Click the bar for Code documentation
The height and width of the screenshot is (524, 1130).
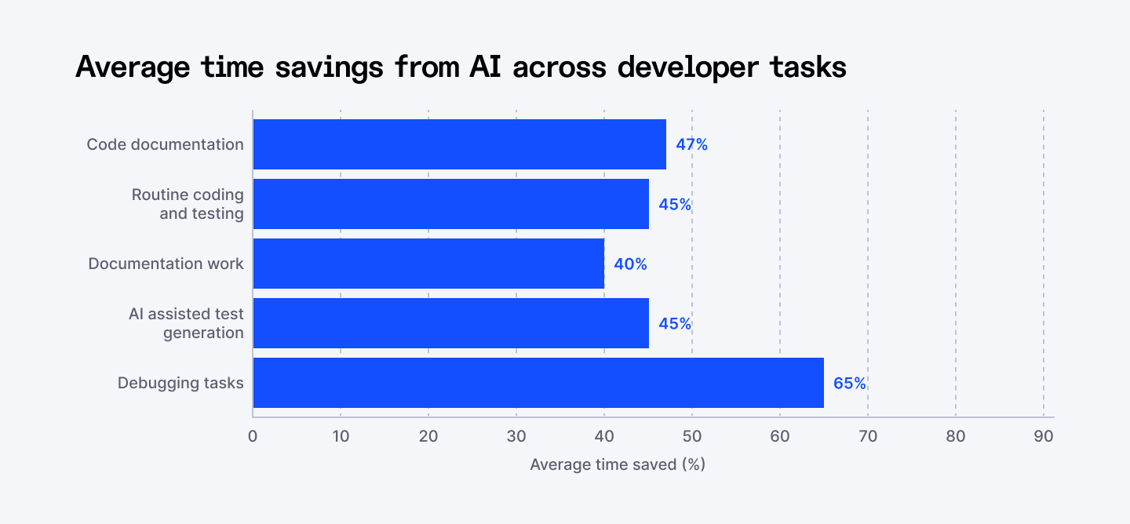click(459, 144)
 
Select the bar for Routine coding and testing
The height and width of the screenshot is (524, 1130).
click(450, 204)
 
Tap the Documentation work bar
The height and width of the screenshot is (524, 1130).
click(428, 264)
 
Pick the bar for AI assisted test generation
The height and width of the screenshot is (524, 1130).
click(450, 323)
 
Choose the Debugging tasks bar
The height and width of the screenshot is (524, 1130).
click(538, 383)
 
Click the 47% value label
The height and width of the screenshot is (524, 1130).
click(691, 144)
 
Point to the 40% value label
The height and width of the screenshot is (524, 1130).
click(630, 264)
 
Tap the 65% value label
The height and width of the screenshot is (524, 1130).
click(850, 384)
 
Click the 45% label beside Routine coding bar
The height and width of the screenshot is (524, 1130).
click(675, 205)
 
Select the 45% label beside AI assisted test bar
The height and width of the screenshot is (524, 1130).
click(675, 324)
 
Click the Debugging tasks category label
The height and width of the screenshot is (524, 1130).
click(180, 383)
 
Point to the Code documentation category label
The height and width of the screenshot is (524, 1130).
click(165, 144)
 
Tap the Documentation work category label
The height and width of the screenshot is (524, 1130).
click(166, 264)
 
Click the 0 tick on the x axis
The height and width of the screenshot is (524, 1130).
click(253, 436)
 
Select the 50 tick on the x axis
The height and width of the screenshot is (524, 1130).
click(692, 436)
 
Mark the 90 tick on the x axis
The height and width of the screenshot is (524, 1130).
click(1044, 436)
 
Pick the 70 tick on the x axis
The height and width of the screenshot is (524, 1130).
click(868, 436)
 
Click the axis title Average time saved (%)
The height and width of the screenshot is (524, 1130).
click(618, 464)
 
